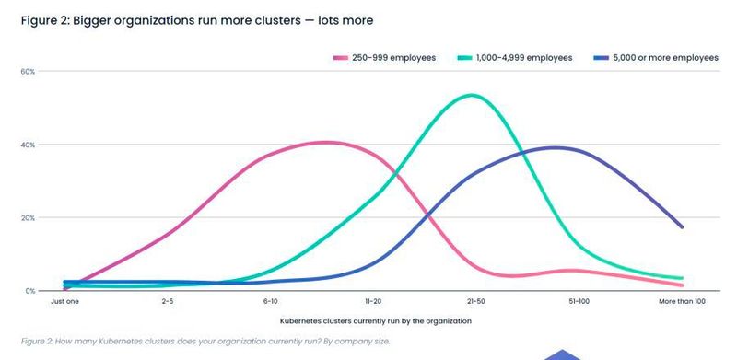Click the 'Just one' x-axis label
(x=64, y=301)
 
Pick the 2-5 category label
(x=168, y=301)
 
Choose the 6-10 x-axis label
(x=270, y=301)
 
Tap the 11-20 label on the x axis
(x=373, y=301)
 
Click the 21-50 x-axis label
(x=476, y=301)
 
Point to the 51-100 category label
(x=579, y=301)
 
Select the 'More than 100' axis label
(x=683, y=301)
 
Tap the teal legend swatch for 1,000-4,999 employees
(x=467, y=57)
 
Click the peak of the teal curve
(x=471, y=95)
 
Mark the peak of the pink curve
(x=327, y=142)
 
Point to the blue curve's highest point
(x=556, y=147)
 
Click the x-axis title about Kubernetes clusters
(x=375, y=320)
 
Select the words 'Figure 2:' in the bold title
(x=42, y=18)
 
